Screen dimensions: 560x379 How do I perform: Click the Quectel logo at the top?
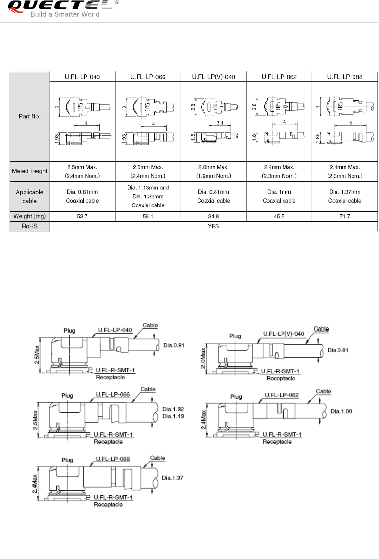[x=59, y=8]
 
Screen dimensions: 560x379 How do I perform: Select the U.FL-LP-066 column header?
[x=148, y=77]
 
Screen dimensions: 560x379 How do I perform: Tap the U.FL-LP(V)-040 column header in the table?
[x=214, y=77]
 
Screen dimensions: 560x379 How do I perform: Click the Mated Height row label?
[x=30, y=171]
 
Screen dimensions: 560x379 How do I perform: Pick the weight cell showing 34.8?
[x=214, y=217]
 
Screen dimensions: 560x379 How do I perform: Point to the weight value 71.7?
[x=345, y=217]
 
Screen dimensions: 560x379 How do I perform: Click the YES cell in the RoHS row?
[x=214, y=226]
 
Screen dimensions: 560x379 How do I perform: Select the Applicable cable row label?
[x=30, y=197]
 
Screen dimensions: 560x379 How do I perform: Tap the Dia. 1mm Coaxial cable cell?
[x=279, y=197]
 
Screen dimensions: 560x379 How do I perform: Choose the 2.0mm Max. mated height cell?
[x=214, y=171]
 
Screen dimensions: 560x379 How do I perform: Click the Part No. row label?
[x=30, y=116]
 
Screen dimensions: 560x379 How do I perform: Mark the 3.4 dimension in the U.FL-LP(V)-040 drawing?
[x=220, y=123]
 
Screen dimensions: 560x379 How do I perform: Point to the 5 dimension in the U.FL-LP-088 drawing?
[x=351, y=123]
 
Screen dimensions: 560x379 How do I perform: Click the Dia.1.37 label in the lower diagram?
[x=172, y=478]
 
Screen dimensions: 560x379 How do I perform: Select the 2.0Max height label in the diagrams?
[x=203, y=358]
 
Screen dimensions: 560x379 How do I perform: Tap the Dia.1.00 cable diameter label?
[x=341, y=411]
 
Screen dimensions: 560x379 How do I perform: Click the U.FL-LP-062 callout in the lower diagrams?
[x=282, y=395]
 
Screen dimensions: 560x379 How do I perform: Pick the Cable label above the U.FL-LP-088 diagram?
[x=157, y=458]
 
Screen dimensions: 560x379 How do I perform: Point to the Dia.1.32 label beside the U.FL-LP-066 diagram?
[x=173, y=409]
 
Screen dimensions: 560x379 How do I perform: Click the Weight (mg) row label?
[x=30, y=217]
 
